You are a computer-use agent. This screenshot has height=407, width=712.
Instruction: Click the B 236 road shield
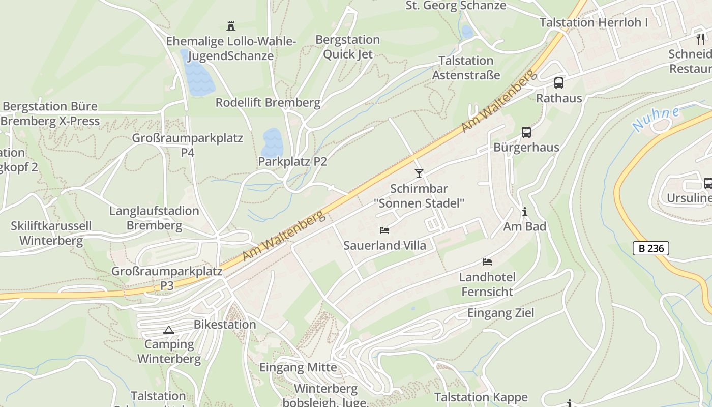[650, 248]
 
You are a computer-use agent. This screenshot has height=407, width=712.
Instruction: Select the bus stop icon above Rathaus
[558, 82]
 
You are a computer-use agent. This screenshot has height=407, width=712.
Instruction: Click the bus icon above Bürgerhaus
[526, 132]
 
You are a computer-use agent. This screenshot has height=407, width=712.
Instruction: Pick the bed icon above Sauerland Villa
[384, 230]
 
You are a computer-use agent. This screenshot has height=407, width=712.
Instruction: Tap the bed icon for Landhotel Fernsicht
[487, 262]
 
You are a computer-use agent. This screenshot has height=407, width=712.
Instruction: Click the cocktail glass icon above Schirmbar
[419, 173]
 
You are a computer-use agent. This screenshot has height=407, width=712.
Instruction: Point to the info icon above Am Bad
[525, 212]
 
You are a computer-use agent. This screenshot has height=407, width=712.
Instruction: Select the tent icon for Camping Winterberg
[169, 330]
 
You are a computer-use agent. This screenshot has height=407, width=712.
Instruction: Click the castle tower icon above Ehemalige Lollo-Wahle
[231, 25]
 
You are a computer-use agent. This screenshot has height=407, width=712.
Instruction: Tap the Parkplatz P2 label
[292, 162]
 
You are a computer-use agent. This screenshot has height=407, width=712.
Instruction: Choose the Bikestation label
[225, 324]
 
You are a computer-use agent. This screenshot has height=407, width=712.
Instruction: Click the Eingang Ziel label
[501, 313]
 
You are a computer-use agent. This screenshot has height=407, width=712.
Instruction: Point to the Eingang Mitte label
[298, 367]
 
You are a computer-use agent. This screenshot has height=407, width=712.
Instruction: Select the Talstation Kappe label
[481, 397]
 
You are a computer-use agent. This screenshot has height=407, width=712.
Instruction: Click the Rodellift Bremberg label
[268, 102]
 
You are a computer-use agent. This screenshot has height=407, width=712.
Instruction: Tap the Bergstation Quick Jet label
[347, 47]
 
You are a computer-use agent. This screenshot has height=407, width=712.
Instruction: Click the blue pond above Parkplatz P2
[272, 142]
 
